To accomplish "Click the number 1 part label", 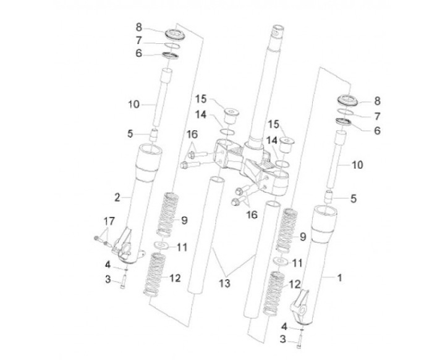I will tap(339, 278).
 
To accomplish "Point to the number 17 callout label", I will tap(109, 220).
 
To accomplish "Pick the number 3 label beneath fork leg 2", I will tap(108, 279).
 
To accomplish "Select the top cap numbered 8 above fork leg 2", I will tap(172, 31).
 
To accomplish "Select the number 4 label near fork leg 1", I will tap(284, 325).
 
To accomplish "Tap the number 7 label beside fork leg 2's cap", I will tap(139, 40).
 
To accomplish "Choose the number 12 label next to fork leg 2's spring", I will tap(174, 278).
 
